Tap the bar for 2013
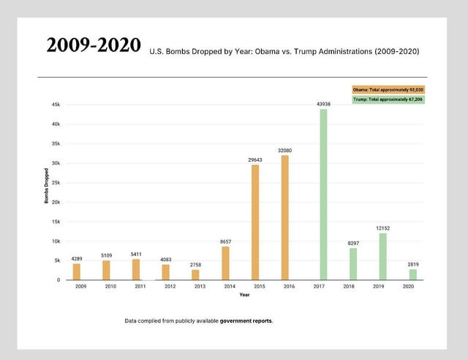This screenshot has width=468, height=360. pos(195,274)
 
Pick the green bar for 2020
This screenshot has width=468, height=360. pos(413,274)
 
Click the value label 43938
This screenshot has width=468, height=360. pos(323,104)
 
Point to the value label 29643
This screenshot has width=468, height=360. pos(255,159)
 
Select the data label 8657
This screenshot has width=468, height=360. pos(225,241)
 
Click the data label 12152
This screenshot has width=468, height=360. pos(382,228)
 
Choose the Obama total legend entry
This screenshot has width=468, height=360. pos(388,89)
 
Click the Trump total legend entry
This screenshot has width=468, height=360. pos(388,99)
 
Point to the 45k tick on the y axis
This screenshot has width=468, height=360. pos(56,105)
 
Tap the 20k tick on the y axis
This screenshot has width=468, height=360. pos(56,202)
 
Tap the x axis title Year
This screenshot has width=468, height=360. pos(244,295)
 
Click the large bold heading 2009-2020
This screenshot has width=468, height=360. pos(94,45)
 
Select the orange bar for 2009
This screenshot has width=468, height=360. pos(77,271)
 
